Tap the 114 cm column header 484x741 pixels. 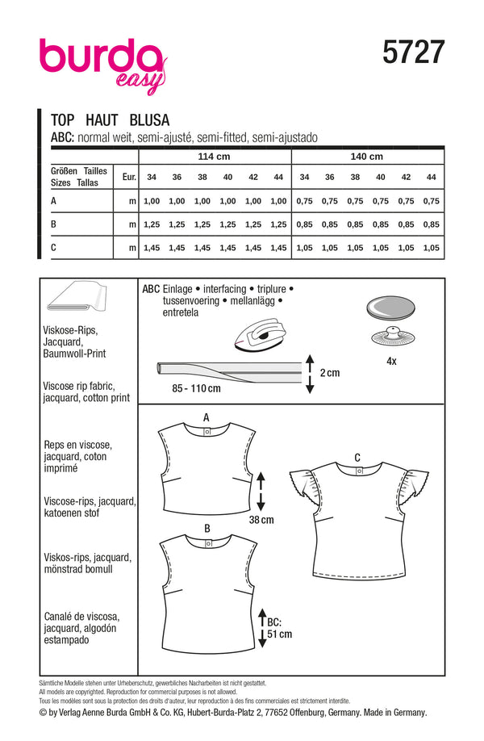[214, 156]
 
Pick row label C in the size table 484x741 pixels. [54, 249]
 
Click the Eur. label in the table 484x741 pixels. [127, 176]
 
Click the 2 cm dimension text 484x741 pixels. [330, 373]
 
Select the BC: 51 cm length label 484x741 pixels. [277, 627]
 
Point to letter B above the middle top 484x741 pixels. [207, 527]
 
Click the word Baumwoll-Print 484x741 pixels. [77, 354]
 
